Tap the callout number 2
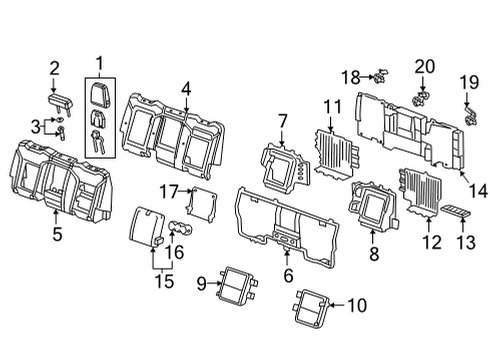coord(55,69)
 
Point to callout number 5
coord(57,236)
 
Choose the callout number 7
coord(283,121)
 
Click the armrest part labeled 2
coord(59,100)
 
